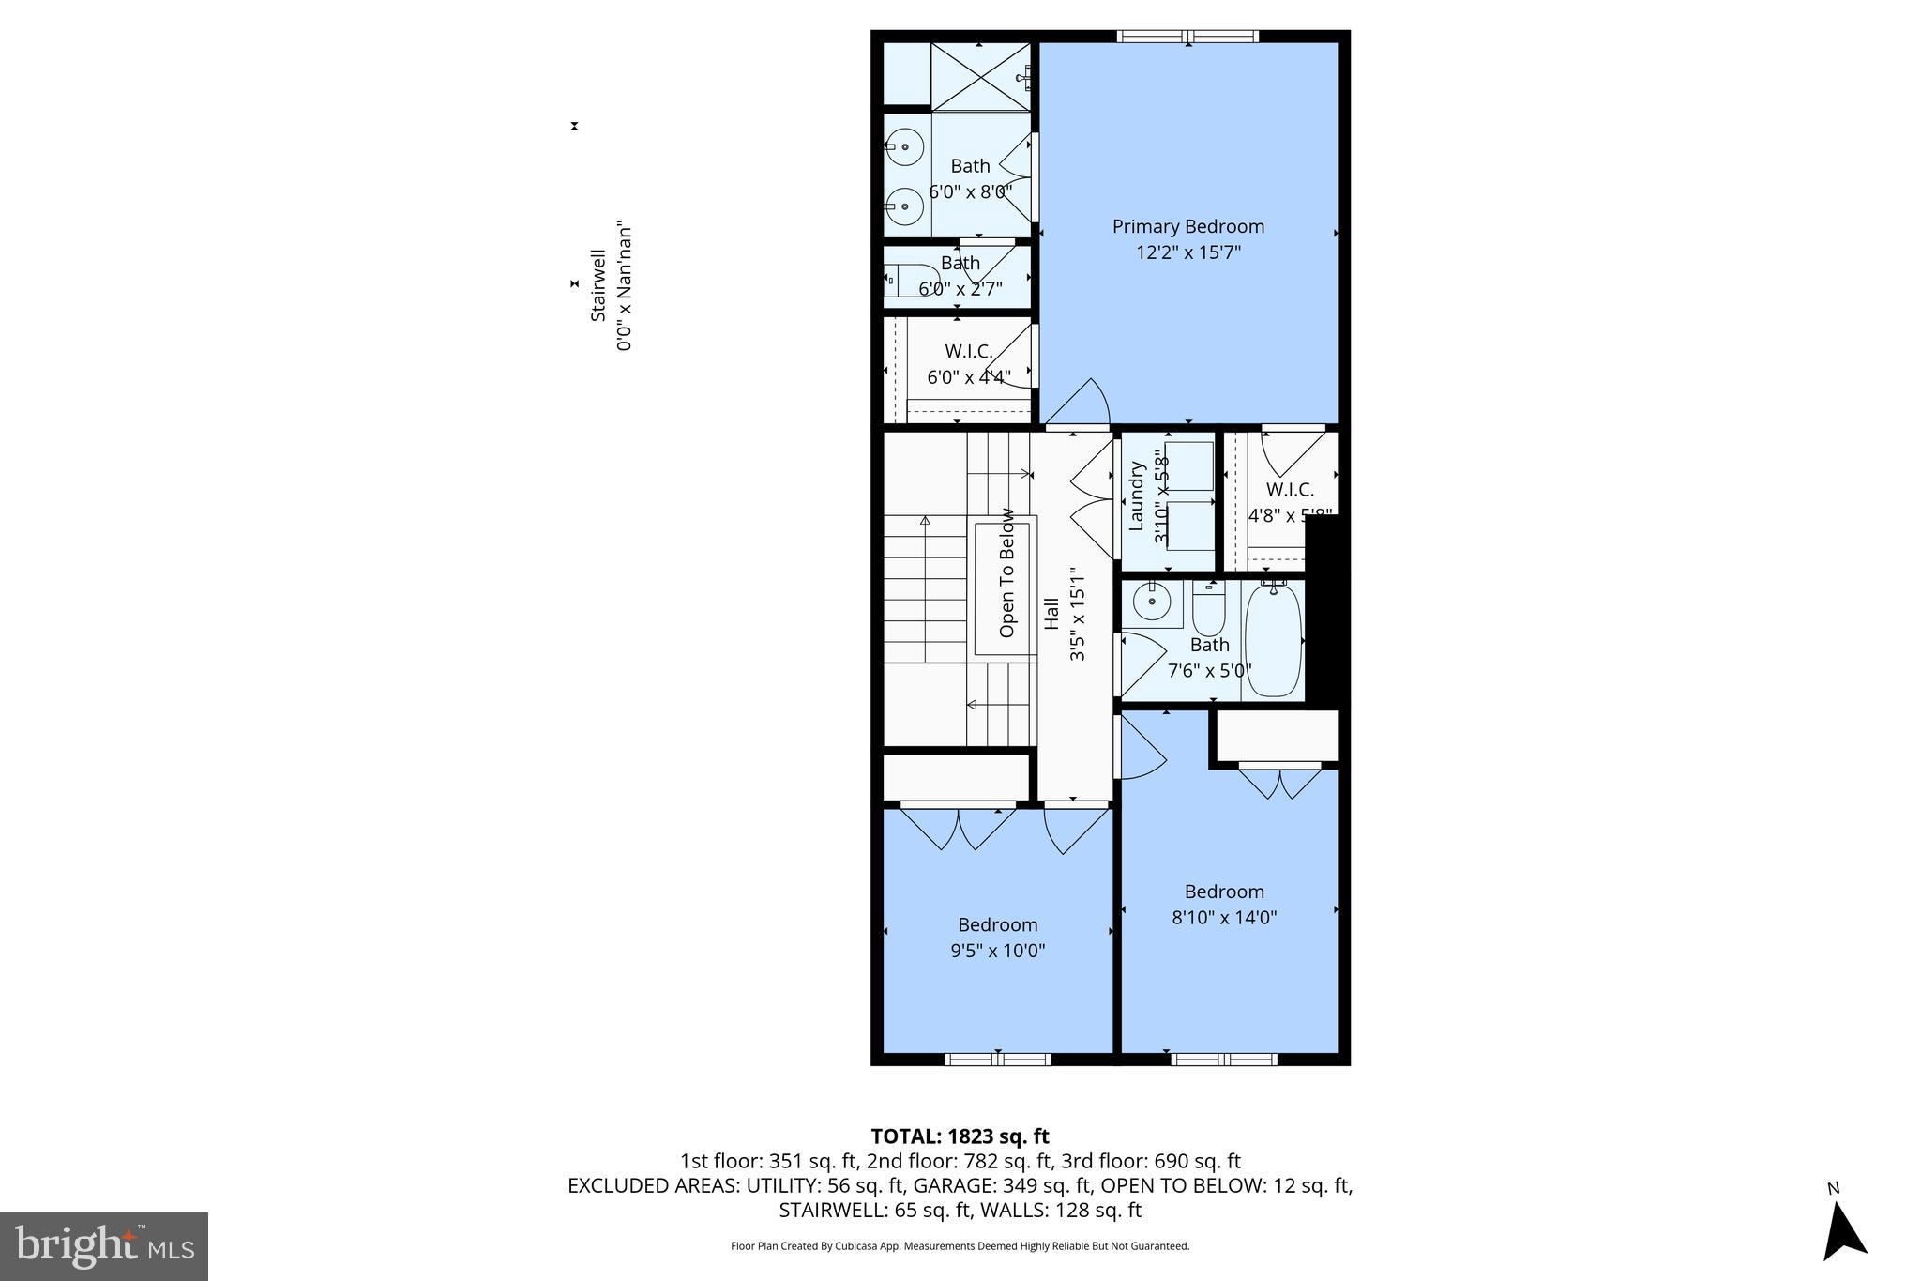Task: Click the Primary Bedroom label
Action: pos(1187,226)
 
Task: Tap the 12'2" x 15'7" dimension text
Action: pos(1187,252)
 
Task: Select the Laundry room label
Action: pos(1137,496)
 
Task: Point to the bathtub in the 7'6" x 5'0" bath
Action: pos(1273,640)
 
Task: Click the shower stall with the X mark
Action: pos(979,75)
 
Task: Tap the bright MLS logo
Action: pos(104,1245)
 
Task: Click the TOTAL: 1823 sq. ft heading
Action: pos(960,1136)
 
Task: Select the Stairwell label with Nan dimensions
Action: pos(609,286)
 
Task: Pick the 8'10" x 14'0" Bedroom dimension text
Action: pos(1224,918)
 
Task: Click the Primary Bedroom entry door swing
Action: pos(1080,404)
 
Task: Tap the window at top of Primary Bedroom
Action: pos(1187,37)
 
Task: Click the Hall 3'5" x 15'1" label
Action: pos(1065,614)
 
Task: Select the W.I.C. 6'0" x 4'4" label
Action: pos(968,364)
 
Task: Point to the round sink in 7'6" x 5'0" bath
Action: pos(1151,601)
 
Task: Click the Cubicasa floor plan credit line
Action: pos(960,1246)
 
